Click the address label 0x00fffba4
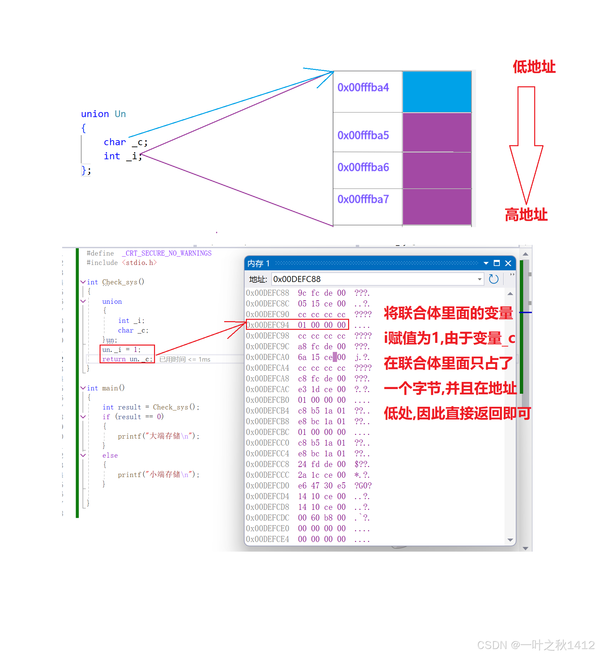point(363,88)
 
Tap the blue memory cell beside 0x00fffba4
point(437,92)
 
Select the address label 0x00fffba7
point(363,199)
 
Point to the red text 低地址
point(534,67)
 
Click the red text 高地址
point(526,215)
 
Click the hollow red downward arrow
point(526,144)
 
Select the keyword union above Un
point(95,114)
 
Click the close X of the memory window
point(508,263)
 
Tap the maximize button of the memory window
point(497,263)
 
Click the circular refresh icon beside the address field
point(493,279)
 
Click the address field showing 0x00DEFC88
point(374,279)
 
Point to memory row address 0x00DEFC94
point(268,325)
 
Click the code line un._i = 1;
point(122,350)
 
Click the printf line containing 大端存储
point(158,436)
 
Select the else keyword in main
point(110,455)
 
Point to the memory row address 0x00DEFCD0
point(268,486)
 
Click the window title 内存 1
point(258,264)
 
